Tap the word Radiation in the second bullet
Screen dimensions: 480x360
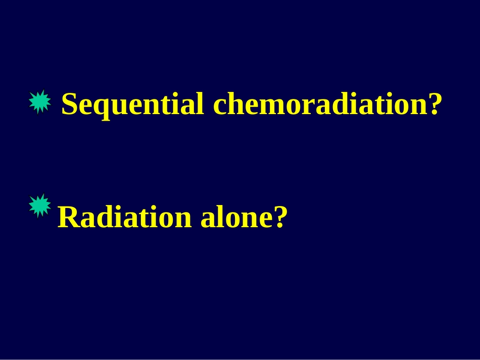(x=125, y=216)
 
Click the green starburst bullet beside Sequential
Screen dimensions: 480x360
(x=40, y=102)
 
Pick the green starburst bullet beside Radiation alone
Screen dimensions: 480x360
(x=40, y=206)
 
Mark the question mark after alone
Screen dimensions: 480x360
(x=280, y=217)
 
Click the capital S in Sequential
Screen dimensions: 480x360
(x=69, y=104)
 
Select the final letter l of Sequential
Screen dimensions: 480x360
(x=199, y=103)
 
